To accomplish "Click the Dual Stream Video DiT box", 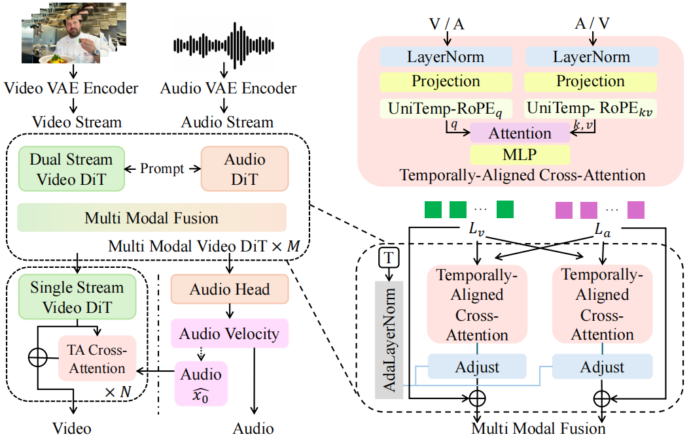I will pyautogui.click(x=71, y=169).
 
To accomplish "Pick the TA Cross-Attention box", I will pyautogui.click(x=97, y=359).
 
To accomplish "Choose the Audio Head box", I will pyautogui.click(x=230, y=289).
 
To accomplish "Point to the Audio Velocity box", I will pyautogui.click(x=230, y=334).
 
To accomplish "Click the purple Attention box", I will pyautogui.click(x=520, y=134).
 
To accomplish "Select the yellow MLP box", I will pyautogui.click(x=520, y=155).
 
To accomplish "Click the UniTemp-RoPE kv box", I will pyautogui.click(x=592, y=108).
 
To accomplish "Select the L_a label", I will pyautogui.click(x=602, y=231).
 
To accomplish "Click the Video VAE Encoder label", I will pyautogui.click(x=71, y=88).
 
